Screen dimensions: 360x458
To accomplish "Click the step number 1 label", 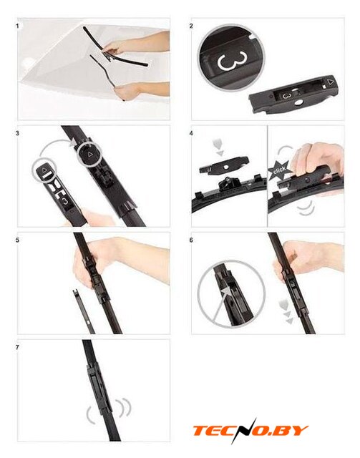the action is click(17, 26).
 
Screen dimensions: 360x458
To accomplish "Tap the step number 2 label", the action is click(191, 26).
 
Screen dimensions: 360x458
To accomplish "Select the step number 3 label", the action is click(17, 133).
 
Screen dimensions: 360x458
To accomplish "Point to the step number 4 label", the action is click(191, 133).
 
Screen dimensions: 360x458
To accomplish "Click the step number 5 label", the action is click(17, 240).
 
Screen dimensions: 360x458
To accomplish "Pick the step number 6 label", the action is click(191, 240).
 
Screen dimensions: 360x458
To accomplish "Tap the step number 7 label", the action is click(17, 348).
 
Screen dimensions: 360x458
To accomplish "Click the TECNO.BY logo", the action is click(250, 431).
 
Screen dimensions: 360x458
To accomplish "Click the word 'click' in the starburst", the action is click(279, 170).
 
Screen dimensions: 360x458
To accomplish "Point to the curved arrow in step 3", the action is click(56, 145).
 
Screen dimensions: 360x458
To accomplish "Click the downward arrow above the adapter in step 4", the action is click(219, 148).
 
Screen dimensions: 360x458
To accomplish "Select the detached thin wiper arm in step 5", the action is click(83, 311).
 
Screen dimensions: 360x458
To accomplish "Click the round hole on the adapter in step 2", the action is click(298, 102).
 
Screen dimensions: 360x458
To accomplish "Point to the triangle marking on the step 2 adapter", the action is click(331, 82).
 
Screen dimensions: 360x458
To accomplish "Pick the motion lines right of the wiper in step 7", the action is click(125, 407).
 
